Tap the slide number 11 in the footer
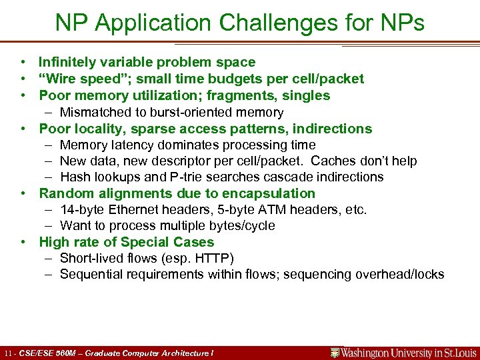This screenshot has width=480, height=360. tap(8, 353)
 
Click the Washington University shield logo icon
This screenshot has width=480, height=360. tap(335, 353)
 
